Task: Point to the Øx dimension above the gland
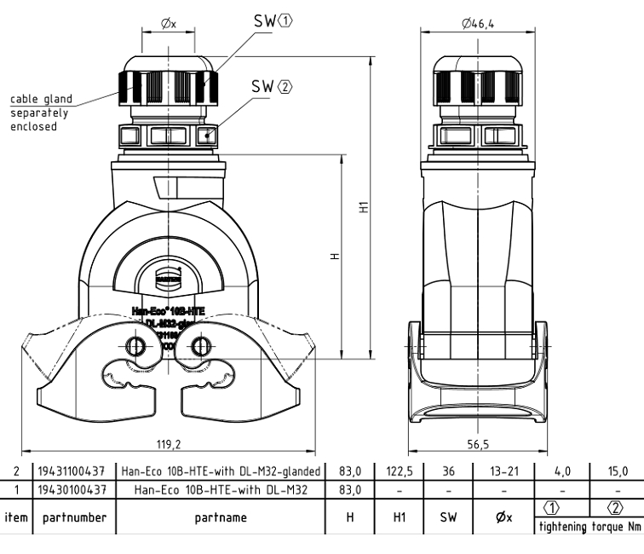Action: coord(168,24)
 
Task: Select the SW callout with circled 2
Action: coord(272,86)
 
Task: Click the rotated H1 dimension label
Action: coord(363,207)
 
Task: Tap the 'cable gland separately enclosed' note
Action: coord(40,113)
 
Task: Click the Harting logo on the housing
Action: coord(168,274)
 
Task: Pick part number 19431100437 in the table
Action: coord(75,471)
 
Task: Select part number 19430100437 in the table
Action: coord(75,489)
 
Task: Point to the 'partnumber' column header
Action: coord(75,517)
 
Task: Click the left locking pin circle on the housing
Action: coord(135,346)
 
